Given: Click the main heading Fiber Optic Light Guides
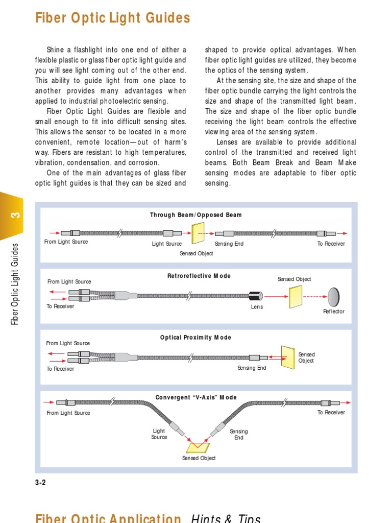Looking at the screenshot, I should click(x=112, y=18).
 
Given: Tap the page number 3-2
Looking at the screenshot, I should click(x=40, y=482).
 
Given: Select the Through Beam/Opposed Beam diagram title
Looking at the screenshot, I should click(x=195, y=215).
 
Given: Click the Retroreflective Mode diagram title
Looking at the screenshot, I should click(x=199, y=276).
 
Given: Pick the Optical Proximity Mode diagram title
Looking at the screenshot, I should click(x=195, y=338).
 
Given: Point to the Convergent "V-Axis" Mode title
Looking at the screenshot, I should click(x=196, y=397).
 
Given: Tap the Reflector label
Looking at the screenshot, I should click(x=334, y=312).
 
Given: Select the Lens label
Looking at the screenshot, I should click(x=257, y=307).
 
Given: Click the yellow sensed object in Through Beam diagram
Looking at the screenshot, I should click(x=197, y=234).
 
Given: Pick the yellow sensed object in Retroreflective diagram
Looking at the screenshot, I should click(x=296, y=296).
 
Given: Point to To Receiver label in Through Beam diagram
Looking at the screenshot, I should click(x=331, y=244).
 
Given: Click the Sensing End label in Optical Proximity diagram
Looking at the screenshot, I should click(x=252, y=368).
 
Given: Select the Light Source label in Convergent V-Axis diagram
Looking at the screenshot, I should click(x=159, y=434).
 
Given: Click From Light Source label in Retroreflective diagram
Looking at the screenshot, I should click(x=69, y=281).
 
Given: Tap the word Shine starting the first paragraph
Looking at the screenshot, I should click(x=56, y=50).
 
